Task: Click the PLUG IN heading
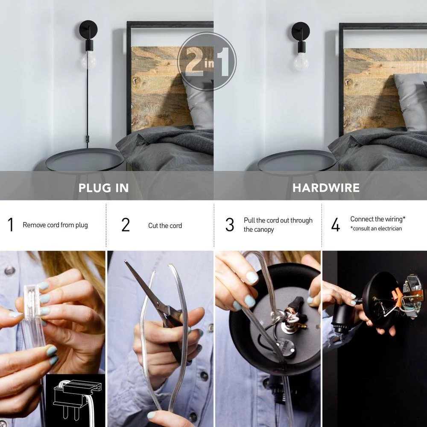click(x=103, y=188)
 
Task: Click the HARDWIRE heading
click(x=326, y=188)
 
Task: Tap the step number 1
click(x=11, y=225)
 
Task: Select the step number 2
click(x=126, y=225)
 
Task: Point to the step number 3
click(x=230, y=225)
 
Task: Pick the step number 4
click(x=336, y=225)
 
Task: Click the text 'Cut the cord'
click(x=165, y=225)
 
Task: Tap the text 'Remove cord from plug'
click(x=55, y=225)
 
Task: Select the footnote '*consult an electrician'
click(x=376, y=228)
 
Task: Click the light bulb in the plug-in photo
click(x=88, y=61)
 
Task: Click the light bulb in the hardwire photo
click(x=301, y=62)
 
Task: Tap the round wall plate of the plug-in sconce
click(x=88, y=29)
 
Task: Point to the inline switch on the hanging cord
click(x=88, y=138)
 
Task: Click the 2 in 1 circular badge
click(x=207, y=61)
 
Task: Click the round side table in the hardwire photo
click(x=297, y=161)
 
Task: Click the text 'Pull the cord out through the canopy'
click(x=278, y=225)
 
